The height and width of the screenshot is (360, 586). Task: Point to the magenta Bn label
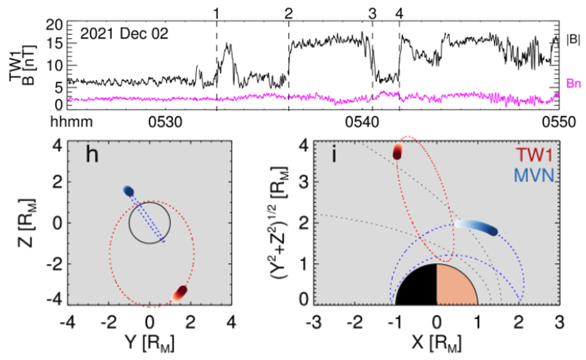click(573, 84)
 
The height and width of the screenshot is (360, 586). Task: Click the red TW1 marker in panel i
click(398, 151)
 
